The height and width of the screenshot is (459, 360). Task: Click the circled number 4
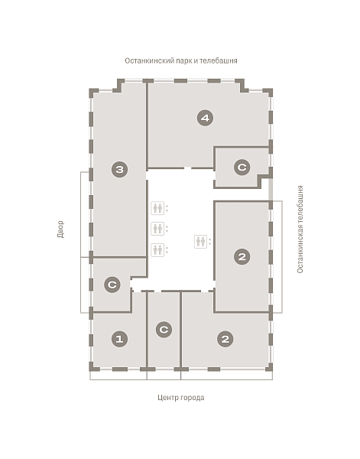coord(205,118)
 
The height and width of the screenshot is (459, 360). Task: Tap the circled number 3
coord(119,169)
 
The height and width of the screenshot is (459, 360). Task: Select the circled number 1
coord(119,339)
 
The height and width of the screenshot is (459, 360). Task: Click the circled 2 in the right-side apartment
coord(242,257)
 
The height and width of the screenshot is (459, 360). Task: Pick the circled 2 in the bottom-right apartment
coord(225,339)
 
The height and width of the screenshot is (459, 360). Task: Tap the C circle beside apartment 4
coord(242,167)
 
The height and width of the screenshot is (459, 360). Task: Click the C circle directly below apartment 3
coord(112,285)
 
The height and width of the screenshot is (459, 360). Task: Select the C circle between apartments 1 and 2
coord(164,330)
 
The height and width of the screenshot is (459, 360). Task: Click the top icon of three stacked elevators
coord(157,208)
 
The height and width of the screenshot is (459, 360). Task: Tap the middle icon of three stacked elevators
coord(157,229)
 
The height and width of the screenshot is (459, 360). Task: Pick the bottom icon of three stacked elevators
coord(157,250)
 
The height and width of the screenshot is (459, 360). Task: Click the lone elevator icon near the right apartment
coord(200,242)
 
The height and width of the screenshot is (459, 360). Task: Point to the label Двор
coord(60,229)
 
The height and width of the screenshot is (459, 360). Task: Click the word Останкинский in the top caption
coord(150,60)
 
